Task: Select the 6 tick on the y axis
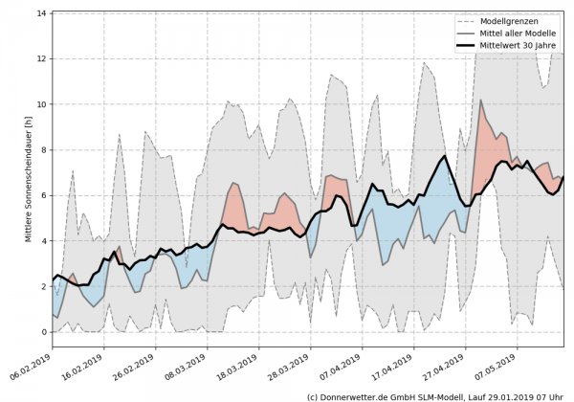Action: (x=44, y=195)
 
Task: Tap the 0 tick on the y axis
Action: (x=44, y=332)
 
